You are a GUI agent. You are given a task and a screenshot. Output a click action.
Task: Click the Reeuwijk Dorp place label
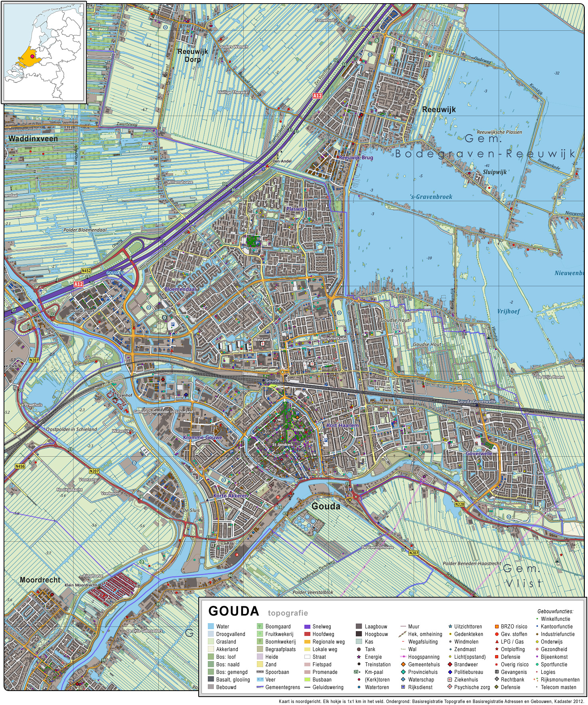coord(193,55)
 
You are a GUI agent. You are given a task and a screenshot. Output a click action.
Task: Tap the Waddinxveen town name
coord(33,139)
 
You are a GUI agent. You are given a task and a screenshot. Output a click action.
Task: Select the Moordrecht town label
coord(40,580)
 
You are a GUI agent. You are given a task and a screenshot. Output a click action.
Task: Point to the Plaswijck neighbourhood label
coord(297,209)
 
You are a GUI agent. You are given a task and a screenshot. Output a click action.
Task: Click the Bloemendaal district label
coord(180,289)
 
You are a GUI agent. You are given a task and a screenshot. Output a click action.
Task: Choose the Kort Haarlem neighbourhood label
coord(342,425)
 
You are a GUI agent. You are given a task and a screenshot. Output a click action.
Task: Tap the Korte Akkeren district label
coord(231,495)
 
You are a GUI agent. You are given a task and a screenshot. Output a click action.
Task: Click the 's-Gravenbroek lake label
coord(431,197)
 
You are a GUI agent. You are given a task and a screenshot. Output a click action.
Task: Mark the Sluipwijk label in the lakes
coord(495,172)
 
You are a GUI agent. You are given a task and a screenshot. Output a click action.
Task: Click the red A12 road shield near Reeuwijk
coord(317,96)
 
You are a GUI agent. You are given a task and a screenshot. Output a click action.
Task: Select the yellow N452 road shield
coord(86,271)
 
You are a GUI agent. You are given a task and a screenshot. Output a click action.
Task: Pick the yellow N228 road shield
coord(460,504)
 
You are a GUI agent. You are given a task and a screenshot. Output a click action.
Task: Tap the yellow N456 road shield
coord(20,466)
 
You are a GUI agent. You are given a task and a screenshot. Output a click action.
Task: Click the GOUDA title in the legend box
coord(234,611)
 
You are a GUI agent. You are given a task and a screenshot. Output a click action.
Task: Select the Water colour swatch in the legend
coord(211,626)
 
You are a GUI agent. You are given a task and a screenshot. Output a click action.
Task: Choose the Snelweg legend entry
coord(321,626)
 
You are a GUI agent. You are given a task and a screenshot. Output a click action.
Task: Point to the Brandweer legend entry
coord(466,664)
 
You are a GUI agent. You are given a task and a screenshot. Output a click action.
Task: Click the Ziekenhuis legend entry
coord(466,679)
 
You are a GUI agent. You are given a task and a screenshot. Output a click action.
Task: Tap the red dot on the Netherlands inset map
coord(32,57)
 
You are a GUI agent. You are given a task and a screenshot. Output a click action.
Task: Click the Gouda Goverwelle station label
coord(476,401)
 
